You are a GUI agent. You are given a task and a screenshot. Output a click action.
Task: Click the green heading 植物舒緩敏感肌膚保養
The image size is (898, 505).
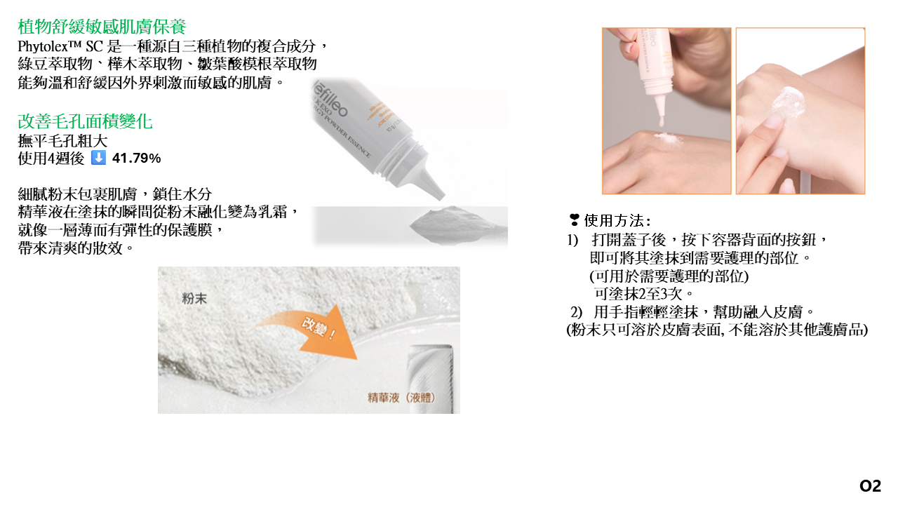coord(102,27)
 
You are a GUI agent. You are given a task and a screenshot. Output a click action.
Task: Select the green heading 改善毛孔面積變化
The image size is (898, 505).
coord(85,121)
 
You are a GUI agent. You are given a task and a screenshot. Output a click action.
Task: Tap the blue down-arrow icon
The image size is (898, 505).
coord(98,158)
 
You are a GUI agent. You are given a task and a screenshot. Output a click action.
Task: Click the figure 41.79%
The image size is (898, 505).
coord(136,159)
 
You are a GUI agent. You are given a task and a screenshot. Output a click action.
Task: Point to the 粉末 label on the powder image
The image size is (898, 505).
coord(194,298)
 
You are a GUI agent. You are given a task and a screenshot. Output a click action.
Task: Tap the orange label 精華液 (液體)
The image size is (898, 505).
coord(401,397)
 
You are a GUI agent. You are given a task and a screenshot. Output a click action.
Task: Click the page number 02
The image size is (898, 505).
coord(871,486)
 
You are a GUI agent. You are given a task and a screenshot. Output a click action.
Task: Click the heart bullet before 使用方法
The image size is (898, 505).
coord(574,220)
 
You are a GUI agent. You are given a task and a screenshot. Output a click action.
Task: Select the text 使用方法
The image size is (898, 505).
coord(614,220)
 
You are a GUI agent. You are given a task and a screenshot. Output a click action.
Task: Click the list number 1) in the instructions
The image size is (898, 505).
coord(572,240)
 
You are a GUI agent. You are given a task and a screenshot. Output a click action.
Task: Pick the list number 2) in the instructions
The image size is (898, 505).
coord(576,311)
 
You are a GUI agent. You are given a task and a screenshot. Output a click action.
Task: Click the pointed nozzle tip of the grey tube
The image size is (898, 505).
coord(442,196)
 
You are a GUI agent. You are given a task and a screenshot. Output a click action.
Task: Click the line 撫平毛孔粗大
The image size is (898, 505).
coord(63,141)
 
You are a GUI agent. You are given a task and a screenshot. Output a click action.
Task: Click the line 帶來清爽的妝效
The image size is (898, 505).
coord(75,248)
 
